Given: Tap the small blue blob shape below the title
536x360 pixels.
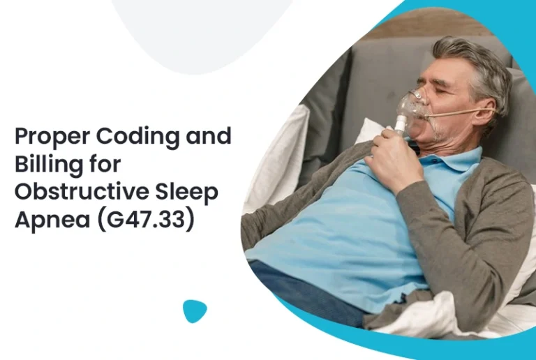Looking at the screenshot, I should click(195, 310).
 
